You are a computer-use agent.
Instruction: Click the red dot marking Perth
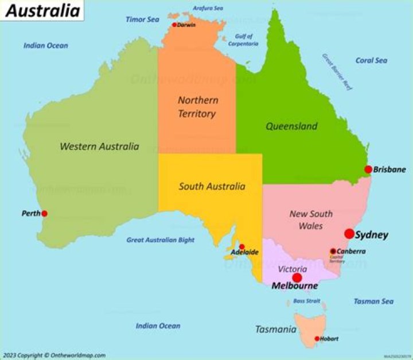pyautogui.click(x=44, y=214)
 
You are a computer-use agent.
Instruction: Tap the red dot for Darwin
pyautogui.click(x=174, y=25)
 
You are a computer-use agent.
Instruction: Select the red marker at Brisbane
pyautogui.click(x=368, y=169)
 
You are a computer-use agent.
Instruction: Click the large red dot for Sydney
pyautogui.click(x=349, y=234)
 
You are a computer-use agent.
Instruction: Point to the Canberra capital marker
pyautogui.click(x=333, y=251)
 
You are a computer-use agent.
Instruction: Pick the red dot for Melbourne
pyautogui.click(x=297, y=278)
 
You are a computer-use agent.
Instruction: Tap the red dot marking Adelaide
pyautogui.click(x=241, y=246)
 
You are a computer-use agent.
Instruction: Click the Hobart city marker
pyautogui.click(x=317, y=339)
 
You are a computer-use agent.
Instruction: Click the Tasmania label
pyautogui.click(x=275, y=330)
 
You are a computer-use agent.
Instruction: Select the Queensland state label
pyautogui.click(x=291, y=126)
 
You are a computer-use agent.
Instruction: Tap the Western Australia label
pyautogui.click(x=99, y=146)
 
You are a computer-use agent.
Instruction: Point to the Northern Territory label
pyautogui.click(x=197, y=107)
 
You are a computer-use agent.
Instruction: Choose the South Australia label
pyautogui.click(x=212, y=186)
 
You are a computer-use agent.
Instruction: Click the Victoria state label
pyautogui.click(x=292, y=269)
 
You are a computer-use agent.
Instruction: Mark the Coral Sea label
pyautogui.click(x=371, y=60)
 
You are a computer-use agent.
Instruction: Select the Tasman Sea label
pyautogui.click(x=373, y=301)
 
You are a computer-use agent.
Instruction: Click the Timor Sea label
pyautogui.click(x=142, y=20)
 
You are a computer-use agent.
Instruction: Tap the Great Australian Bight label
pyautogui.click(x=160, y=240)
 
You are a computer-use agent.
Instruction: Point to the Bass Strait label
pyautogui.click(x=307, y=300)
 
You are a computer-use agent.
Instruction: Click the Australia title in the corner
pyautogui.click(x=42, y=10)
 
